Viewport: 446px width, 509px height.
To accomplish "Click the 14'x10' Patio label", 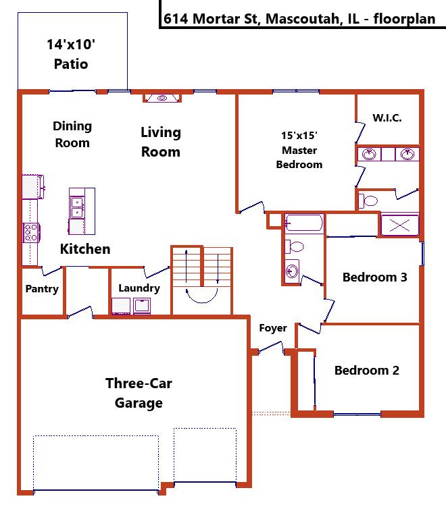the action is click(x=71, y=54).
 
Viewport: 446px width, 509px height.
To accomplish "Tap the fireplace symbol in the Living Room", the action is click(x=162, y=98).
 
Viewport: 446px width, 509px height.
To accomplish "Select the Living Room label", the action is click(x=161, y=142).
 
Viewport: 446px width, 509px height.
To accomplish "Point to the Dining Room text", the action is click(x=72, y=134).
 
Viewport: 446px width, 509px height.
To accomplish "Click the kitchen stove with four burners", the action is click(x=31, y=233).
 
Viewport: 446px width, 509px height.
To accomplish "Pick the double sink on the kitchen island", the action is click(x=77, y=207).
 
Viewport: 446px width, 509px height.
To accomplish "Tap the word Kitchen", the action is click(x=85, y=249).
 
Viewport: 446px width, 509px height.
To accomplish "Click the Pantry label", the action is click(x=42, y=288).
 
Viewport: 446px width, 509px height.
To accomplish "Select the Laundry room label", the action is click(x=139, y=288).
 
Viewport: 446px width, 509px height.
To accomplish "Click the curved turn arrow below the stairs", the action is click(x=202, y=301).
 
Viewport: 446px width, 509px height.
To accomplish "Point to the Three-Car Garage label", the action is click(x=139, y=393).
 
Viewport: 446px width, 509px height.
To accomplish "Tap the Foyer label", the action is click(x=273, y=328).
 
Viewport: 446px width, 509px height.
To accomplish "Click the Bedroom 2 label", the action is click(x=367, y=370).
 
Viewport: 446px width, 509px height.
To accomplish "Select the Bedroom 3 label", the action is click(x=375, y=277).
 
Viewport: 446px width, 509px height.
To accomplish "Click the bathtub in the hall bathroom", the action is click(x=304, y=223).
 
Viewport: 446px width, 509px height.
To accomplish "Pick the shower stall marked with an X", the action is click(x=399, y=225).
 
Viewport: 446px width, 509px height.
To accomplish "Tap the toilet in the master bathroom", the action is click(x=368, y=200).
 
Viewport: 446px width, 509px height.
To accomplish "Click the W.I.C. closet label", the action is click(x=387, y=118).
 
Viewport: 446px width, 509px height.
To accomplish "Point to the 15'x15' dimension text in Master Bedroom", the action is click(x=299, y=136).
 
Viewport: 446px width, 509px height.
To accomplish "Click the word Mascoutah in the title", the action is click(x=303, y=19).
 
